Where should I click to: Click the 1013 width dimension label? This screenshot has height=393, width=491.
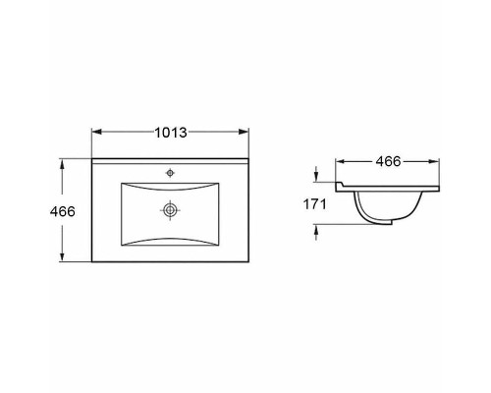(x=171, y=133)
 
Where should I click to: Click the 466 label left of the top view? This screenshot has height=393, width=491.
(x=63, y=211)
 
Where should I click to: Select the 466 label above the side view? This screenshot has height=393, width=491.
(x=388, y=161)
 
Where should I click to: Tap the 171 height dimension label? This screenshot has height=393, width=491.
(x=315, y=204)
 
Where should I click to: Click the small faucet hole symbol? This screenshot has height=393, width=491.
(x=170, y=173)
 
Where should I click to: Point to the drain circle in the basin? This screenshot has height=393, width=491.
(x=170, y=210)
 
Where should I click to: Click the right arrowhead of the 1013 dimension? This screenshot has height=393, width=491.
(x=244, y=132)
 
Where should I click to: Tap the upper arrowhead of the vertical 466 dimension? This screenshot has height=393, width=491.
(x=62, y=164)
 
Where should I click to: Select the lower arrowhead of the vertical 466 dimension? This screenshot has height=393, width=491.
(x=62, y=256)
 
